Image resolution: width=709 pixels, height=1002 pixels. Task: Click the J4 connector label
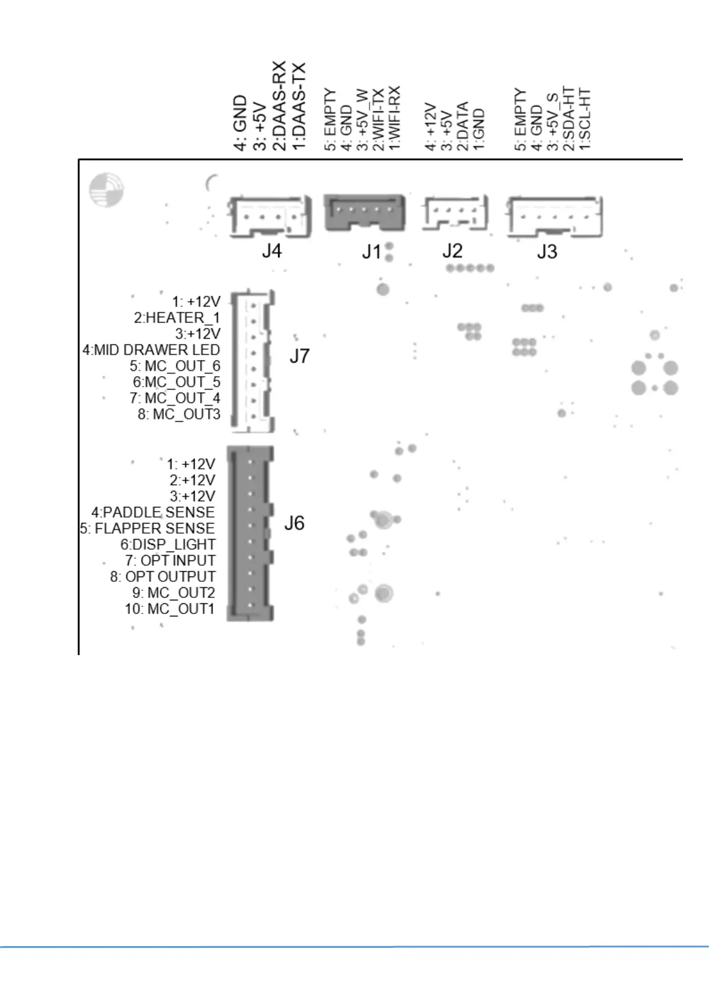[x=271, y=251]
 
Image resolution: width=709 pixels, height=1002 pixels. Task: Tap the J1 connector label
[x=371, y=252]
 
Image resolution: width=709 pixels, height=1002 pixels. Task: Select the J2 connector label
[x=452, y=251]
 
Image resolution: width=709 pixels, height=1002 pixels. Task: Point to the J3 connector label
[x=547, y=252]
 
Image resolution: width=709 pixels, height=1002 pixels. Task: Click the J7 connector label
[x=299, y=356]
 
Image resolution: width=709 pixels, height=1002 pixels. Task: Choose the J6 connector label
[x=294, y=523]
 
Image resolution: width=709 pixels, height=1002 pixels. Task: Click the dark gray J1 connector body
[x=364, y=212]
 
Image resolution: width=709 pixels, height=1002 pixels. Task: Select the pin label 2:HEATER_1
[x=177, y=318]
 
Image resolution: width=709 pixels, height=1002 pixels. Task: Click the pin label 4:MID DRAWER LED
[x=151, y=350]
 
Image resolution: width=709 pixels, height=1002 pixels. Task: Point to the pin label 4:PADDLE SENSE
[x=153, y=512]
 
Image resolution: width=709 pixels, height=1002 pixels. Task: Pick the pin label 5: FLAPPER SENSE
[x=148, y=528]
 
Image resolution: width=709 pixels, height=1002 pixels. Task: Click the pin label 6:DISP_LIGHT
[x=168, y=544]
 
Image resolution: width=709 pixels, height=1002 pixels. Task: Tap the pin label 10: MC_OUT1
[x=170, y=609]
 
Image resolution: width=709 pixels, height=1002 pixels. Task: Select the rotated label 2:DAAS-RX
[x=280, y=105]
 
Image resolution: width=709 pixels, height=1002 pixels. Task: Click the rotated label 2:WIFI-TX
[x=378, y=119]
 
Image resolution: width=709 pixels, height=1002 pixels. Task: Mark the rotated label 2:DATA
[x=463, y=126]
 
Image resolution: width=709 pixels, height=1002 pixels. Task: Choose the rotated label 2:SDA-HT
[x=570, y=119]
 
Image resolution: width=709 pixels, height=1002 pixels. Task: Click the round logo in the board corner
[x=106, y=190]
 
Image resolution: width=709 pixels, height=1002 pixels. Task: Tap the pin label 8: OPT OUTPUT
[x=163, y=577]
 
